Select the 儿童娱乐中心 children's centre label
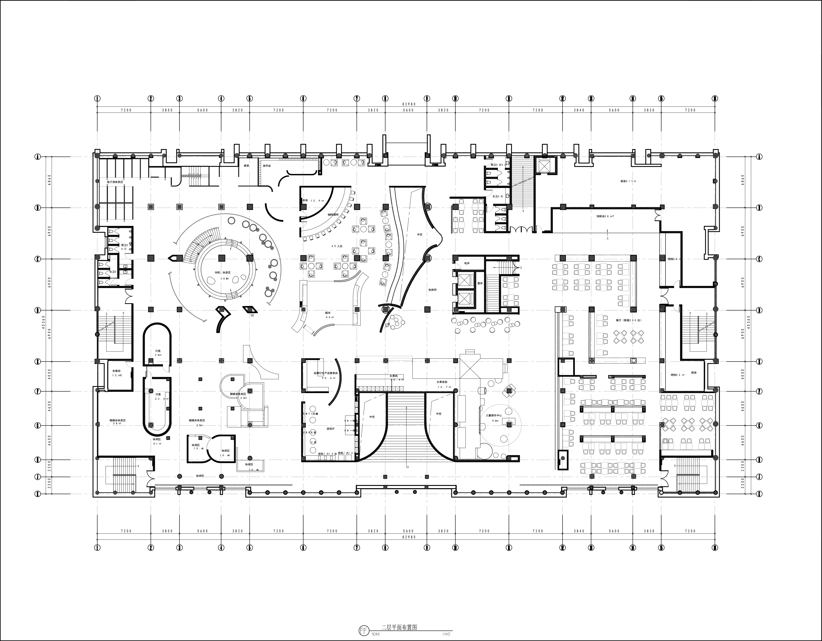(494, 416)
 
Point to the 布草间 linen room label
(116, 371)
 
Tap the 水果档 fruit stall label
(396, 376)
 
